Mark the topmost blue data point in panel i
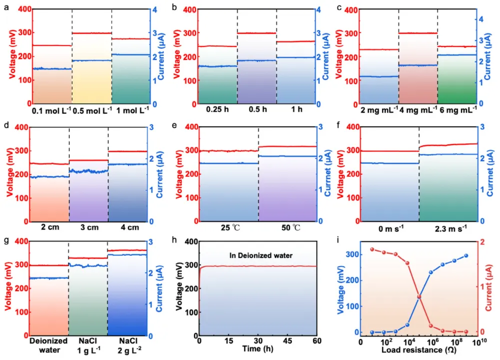tap(467, 256)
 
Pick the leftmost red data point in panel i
tap(372, 249)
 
